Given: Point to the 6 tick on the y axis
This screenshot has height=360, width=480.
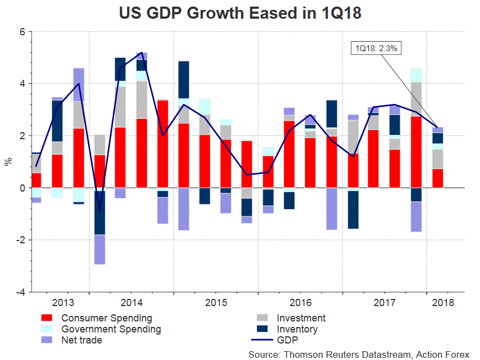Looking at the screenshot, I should [22, 32].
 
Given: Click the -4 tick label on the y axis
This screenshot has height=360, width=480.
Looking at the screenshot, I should [20, 292].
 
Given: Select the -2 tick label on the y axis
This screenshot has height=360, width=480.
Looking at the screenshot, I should [20, 240].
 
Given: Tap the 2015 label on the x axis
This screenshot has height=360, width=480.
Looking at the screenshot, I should [216, 303].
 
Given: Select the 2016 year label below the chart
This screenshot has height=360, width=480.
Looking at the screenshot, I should [301, 303].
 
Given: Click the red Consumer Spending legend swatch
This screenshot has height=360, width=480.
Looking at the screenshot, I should [47, 318].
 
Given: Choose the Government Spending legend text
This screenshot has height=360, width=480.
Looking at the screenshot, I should [111, 329].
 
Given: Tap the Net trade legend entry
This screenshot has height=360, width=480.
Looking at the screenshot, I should [81, 340].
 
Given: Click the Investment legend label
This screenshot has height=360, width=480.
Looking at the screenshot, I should [301, 318].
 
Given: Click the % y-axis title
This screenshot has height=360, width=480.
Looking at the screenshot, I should [8, 162].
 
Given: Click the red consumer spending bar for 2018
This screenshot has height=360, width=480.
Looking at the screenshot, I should [438, 178].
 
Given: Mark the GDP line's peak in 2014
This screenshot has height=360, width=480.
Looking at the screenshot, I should [142, 53].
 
